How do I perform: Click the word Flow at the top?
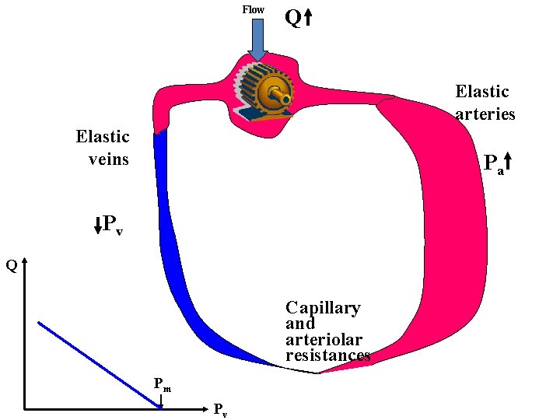tap(254, 9)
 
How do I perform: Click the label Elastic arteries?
tap(484, 103)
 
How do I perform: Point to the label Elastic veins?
tap(103, 148)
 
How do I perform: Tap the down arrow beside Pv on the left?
tap(98, 226)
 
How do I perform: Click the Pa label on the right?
tap(493, 164)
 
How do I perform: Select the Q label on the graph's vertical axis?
tap(12, 265)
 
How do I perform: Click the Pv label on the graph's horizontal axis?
tap(220, 410)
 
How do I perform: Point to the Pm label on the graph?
tap(162, 383)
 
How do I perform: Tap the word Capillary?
tap(323, 308)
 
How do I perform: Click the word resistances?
tap(327, 355)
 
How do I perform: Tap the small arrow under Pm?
tap(161, 401)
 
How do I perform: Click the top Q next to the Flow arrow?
tap(292, 17)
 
